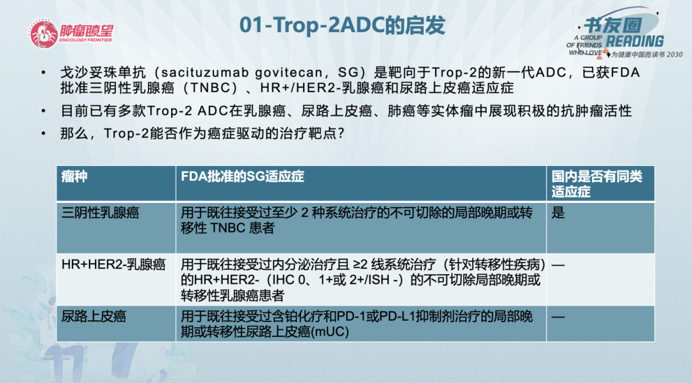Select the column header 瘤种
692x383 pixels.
coord(74,177)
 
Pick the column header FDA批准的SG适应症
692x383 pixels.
coord(243,177)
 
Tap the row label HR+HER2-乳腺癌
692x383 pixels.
coord(104,264)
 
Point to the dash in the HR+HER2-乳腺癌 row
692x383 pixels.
coord(558,265)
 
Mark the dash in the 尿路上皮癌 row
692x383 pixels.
coord(558,316)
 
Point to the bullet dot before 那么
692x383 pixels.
coord(43,134)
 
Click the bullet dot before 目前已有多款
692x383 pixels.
coord(43,111)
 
